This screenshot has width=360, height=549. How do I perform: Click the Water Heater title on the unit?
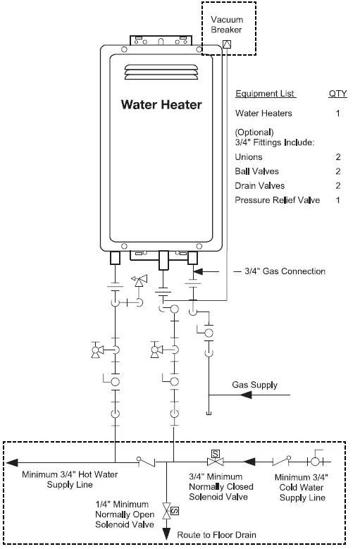click(x=161, y=105)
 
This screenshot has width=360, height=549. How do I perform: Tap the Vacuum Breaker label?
click(x=227, y=25)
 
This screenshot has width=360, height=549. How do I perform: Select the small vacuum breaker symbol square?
click(x=226, y=43)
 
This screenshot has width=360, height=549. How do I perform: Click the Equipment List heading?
click(x=265, y=94)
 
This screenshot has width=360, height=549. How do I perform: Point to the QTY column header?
click(x=338, y=94)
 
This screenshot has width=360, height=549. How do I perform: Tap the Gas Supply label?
click(x=254, y=385)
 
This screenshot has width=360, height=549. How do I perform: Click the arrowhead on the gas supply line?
click(x=247, y=395)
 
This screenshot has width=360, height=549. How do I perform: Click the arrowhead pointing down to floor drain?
click(x=166, y=535)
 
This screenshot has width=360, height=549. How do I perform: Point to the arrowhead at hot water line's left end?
click(x=13, y=463)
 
